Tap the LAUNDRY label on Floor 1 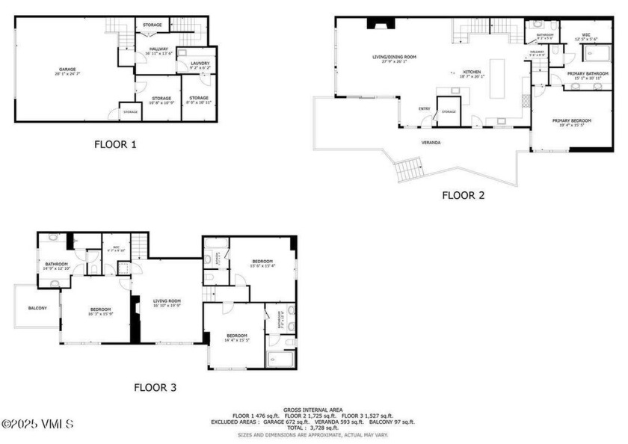pyautogui.click(x=200, y=64)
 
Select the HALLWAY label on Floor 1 pyautogui.click(x=158, y=49)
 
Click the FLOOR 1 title pyautogui.click(x=115, y=144)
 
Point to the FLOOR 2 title pyautogui.click(x=463, y=195)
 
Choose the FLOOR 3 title pyautogui.click(x=155, y=387)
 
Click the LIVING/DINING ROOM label pyautogui.click(x=394, y=57)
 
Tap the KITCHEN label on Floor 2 pyautogui.click(x=471, y=73)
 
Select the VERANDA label pyautogui.click(x=430, y=142)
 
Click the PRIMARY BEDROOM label pyautogui.click(x=572, y=121)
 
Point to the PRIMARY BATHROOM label pyautogui.click(x=585, y=73)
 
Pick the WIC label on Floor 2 pyautogui.click(x=586, y=34)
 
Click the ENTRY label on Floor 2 pyautogui.click(x=424, y=108)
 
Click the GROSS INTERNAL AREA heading pyautogui.click(x=313, y=410)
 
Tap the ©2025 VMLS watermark pyautogui.click(x=37, y=424)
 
